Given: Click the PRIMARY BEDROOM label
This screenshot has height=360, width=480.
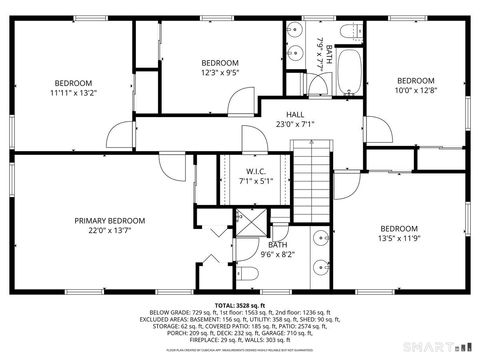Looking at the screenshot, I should [109, 221].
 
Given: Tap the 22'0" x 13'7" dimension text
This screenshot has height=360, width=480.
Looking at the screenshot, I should [109, 231].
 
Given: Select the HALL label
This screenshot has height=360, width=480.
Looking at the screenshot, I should [294, 115].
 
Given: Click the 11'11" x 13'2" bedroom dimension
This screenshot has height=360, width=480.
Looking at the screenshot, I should [73, 93].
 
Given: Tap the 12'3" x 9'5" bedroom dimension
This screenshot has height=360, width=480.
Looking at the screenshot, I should [219, 72].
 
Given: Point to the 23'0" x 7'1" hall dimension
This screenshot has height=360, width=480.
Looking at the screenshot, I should [294, 125].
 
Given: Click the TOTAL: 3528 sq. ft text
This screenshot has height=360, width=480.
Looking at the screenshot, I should [239, 304].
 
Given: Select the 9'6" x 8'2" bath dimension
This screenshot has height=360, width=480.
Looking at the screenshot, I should [277, 254].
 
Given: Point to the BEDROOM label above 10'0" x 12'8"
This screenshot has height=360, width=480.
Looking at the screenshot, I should [415, 81].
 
